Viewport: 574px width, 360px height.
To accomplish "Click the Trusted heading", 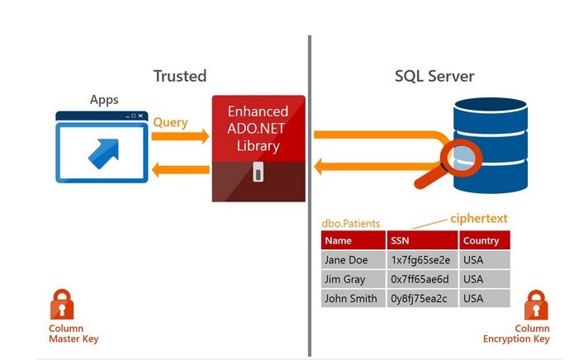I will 179,76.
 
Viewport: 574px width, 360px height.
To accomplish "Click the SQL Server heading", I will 434,76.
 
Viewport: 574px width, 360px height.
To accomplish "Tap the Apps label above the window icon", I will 104,100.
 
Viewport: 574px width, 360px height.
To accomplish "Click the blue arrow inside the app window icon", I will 102,151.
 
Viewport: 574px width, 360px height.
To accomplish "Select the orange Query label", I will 170,122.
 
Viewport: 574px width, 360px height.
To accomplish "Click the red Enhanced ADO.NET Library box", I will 258,128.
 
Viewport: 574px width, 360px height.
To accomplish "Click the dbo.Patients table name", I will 350,223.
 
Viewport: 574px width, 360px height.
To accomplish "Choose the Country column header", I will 481,240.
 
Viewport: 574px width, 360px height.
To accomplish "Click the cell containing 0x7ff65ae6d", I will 421,279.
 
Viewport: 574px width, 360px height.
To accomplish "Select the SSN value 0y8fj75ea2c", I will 421,298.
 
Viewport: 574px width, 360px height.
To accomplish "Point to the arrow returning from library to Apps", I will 181,171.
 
